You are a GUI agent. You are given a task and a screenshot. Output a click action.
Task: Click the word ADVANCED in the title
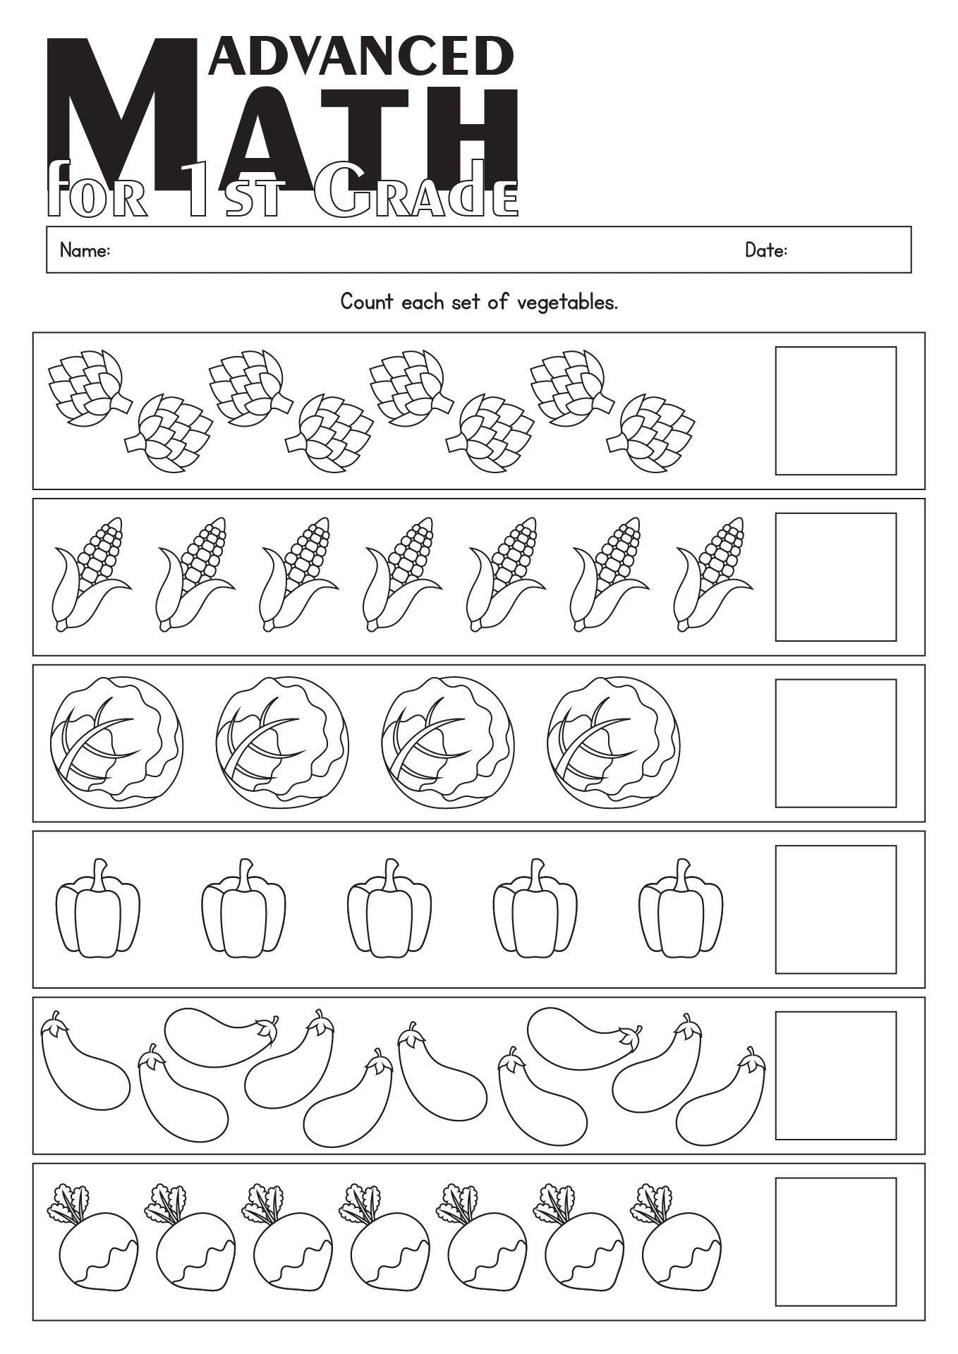pos(361,56)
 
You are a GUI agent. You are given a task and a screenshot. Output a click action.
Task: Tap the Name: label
pos(85,250)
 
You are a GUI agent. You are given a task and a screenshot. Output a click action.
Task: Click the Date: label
pos(766,250)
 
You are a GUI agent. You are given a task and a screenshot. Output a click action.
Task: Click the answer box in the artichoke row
pos(835,410)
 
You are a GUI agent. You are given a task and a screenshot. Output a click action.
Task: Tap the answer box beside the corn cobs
pos(835,577)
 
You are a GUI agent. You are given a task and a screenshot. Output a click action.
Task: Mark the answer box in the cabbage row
pos(835,743)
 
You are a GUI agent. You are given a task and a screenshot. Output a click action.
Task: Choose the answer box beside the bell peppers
pos(835,910)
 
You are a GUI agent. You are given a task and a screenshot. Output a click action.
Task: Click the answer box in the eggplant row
pos(835,1075)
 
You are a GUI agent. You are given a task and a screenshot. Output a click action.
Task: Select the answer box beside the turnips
pos(835,1242)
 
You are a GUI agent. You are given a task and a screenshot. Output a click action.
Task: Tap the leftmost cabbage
pos(116,743)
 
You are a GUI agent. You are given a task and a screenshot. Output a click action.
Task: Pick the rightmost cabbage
pos(613,743)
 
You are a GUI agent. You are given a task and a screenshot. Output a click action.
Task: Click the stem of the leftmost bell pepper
pos(101,874)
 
